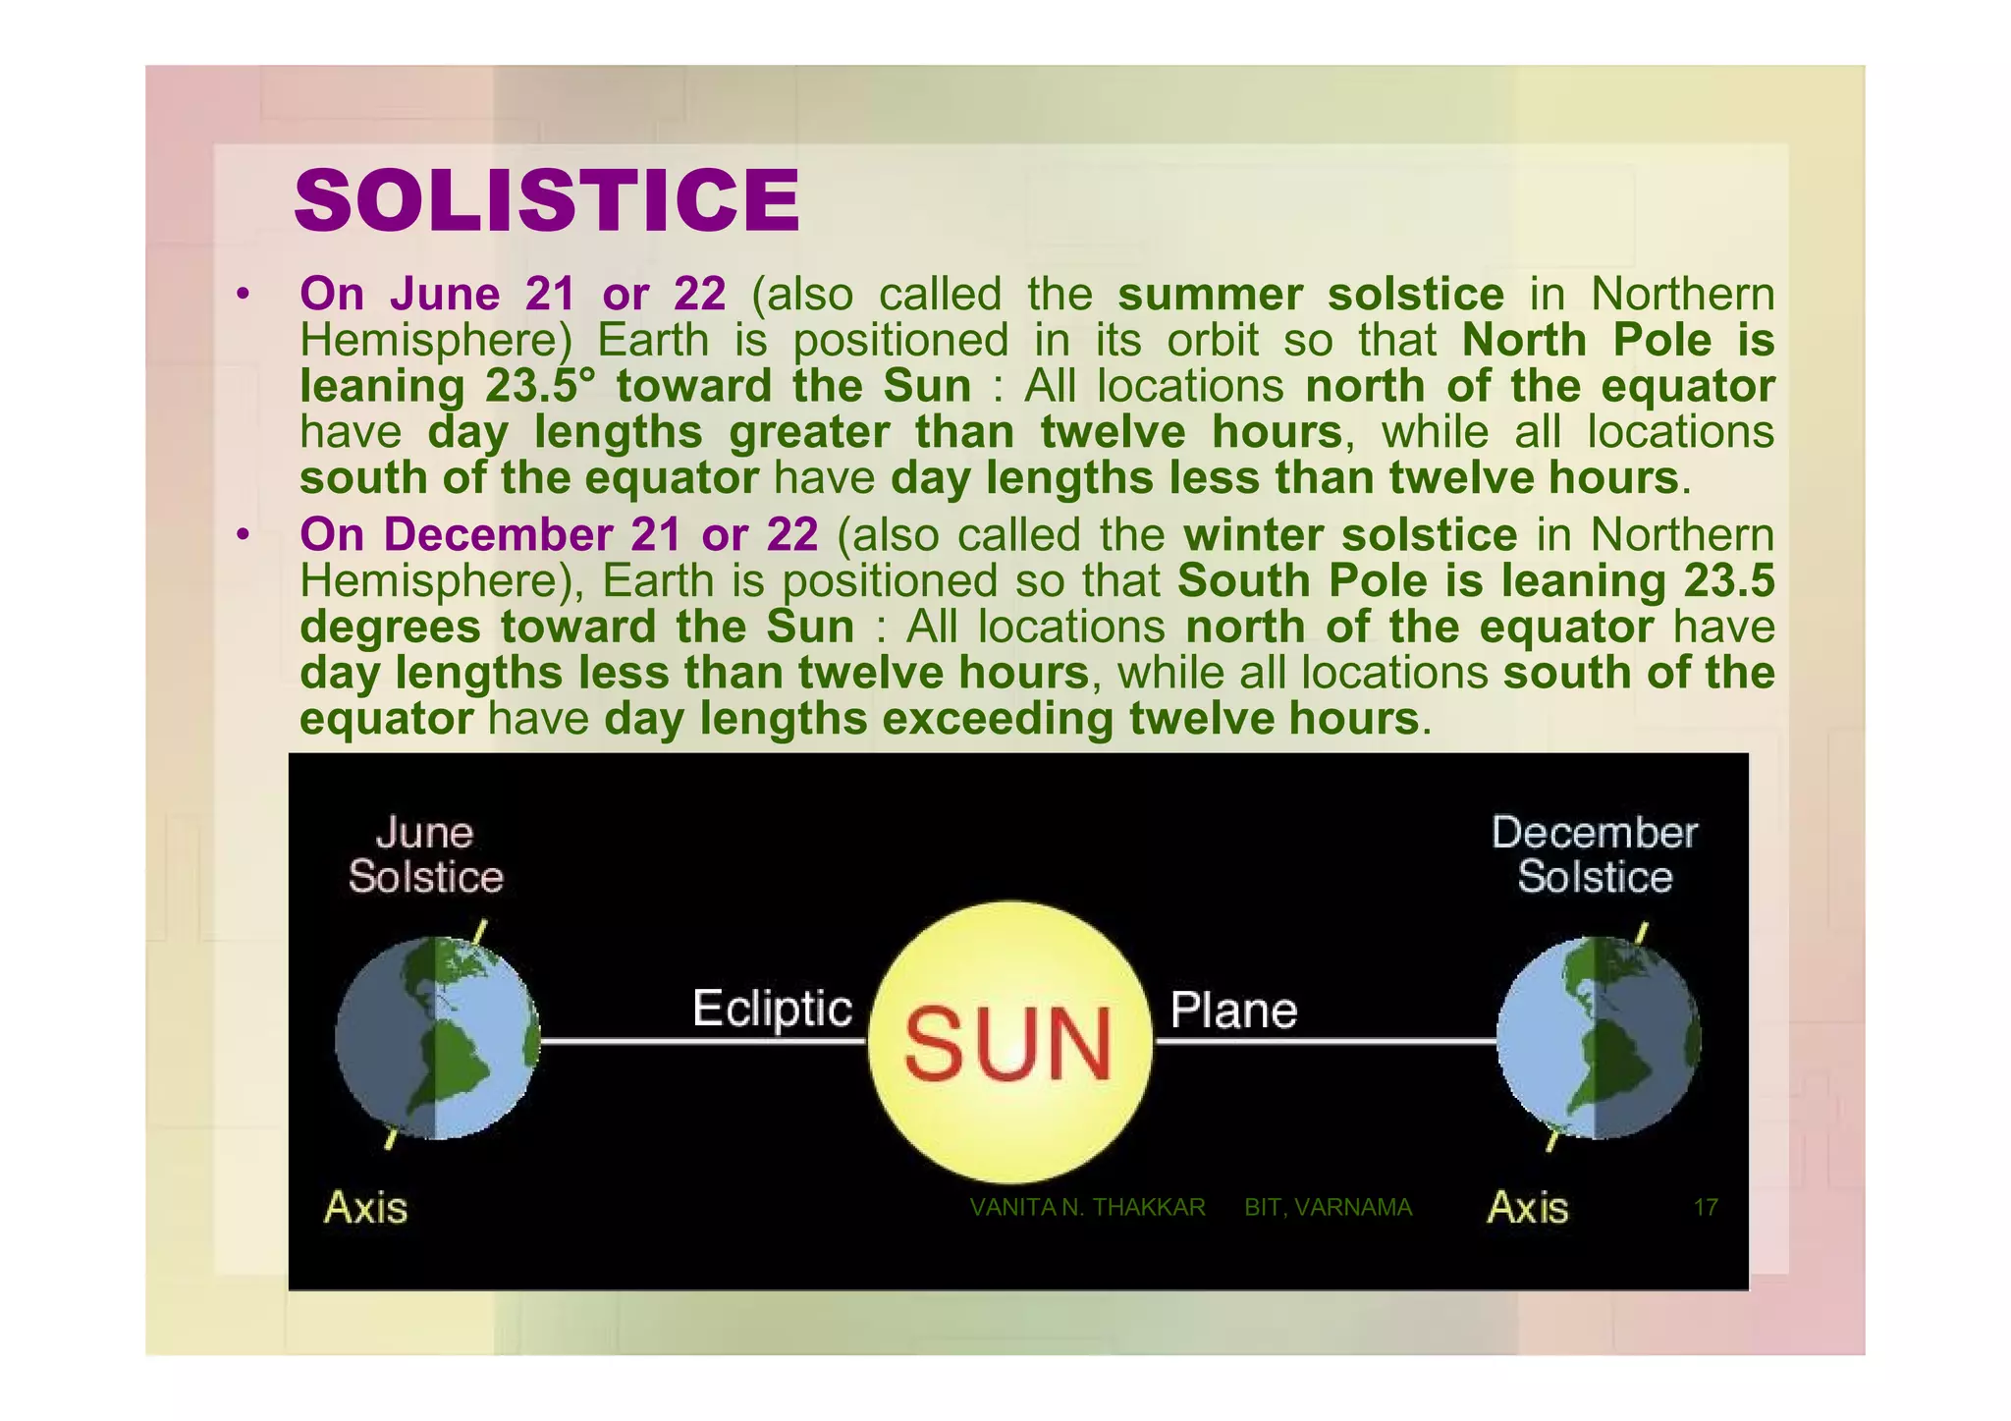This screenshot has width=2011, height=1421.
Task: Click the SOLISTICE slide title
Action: point(547,201)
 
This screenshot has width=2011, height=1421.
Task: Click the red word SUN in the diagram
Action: point(1007,1045)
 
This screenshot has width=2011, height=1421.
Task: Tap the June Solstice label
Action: point(425,855)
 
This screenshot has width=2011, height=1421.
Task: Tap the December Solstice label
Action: point(1594,855)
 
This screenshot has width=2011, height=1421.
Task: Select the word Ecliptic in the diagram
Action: point(772,1009)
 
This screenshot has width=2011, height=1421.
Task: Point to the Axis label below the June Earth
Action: point(365,1207)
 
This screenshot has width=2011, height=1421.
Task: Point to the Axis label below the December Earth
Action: point(1528,1207)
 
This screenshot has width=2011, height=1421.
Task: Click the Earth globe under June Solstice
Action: point(437,1038)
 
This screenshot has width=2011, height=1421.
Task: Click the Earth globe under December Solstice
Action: point(1599,1038)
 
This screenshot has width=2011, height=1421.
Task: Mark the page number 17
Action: point(1706,1208)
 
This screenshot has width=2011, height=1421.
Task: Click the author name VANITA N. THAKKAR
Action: point(1087,1208)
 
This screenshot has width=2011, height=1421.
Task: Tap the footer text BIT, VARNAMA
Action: point(1328,1208)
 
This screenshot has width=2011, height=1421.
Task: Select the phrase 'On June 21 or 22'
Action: point(513,294)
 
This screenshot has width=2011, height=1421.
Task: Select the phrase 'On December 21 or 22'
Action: point(559,535)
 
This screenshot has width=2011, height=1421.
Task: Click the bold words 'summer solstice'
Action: point(1311,294)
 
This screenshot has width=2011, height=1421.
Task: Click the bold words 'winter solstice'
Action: point(1350,535)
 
